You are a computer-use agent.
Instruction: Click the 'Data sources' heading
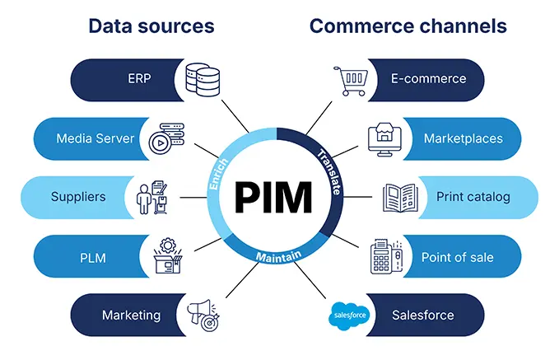tap(151, 26)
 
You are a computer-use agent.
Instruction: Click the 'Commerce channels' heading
tap(408, 26)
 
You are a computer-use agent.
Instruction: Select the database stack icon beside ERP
tap(203, 78)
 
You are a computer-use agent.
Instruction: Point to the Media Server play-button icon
tap(162, 139)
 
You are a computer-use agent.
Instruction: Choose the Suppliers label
tap(78, 198)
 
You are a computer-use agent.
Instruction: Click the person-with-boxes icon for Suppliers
tap(153, 198)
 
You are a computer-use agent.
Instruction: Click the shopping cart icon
tap(349, 81)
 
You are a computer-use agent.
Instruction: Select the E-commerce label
tap(428, 79)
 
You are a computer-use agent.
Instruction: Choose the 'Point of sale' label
tap(457, 257)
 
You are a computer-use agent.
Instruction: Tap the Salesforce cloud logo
tap(350, 315)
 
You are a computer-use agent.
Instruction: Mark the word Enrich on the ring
tap(218, 173)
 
